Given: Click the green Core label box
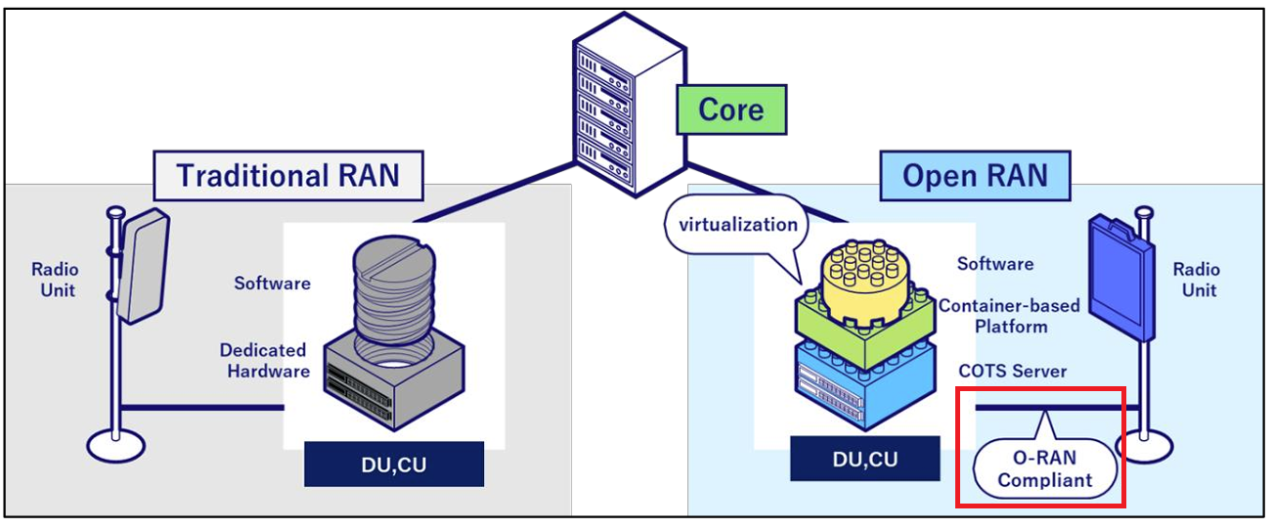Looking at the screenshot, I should (x=731, y=109).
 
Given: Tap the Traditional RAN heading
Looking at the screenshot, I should (x=287, y=176).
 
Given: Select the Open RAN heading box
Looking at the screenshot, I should (x=975, y=176).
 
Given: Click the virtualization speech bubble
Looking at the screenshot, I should (x=725, y=225).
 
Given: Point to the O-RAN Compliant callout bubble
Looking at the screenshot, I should (x=1044, y=468).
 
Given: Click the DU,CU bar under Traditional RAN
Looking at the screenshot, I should (x=393, y=464).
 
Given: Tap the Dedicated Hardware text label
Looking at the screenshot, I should (x=263, y=360).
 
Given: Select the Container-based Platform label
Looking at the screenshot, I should (x=1009, y=316).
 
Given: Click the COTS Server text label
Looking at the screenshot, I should (x=1012, y=372).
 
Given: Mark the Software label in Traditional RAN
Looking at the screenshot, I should (x=272, y=284).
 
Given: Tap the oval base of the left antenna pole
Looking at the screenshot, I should (x=115, y=446).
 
